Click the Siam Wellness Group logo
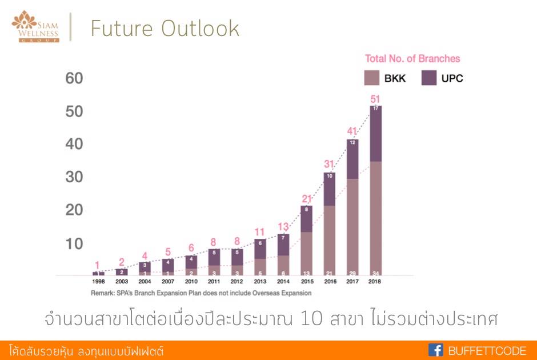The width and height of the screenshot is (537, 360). click(35, 26)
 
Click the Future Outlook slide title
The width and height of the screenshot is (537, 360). click(165, 29)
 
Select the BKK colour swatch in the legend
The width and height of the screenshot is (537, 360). click(372, 78)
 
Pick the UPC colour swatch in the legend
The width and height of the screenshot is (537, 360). click(430, 78)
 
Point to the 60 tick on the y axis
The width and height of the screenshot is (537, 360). click(74, 78)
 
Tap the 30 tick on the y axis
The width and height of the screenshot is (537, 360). click(74, 178)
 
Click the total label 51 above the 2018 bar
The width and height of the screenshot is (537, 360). click(375, 99)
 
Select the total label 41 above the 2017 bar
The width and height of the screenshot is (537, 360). click(352, 131)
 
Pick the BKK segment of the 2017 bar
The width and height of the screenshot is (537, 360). click(352, 226)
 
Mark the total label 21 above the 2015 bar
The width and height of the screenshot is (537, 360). click(306, 199)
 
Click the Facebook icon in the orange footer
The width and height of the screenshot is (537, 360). click(436, 350)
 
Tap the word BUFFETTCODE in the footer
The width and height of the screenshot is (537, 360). click(487, 351)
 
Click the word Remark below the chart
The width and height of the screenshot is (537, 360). click(103, 293)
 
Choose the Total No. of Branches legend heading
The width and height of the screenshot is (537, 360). click(412, 58)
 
